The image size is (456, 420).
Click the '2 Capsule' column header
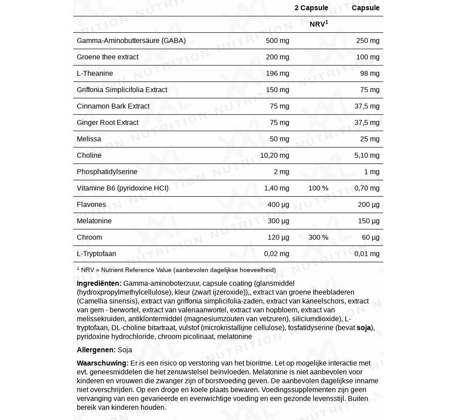[311, 8]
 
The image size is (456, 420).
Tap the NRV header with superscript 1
[319, 24]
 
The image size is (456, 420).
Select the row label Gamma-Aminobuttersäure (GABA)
[131, 40]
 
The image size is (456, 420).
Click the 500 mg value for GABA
[277, 40]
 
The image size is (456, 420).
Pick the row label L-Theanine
[95, 73]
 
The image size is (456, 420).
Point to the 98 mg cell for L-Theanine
[369, 73]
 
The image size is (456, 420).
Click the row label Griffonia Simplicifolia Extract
[122, 90]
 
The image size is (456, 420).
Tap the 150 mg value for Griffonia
[277, 90]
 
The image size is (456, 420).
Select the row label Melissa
[89, 139]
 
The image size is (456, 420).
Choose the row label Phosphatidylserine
[107, 172]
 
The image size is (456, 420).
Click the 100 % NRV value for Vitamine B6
[318, 188]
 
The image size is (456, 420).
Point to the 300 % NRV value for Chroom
[318, 237]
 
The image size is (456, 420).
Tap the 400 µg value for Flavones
[278, 204]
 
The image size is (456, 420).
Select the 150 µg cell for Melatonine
[368, 221]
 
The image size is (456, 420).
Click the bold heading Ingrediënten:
[99, 283]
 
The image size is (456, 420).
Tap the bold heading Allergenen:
[96, 350]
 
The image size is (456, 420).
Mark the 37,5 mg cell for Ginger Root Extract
[366, 122]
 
